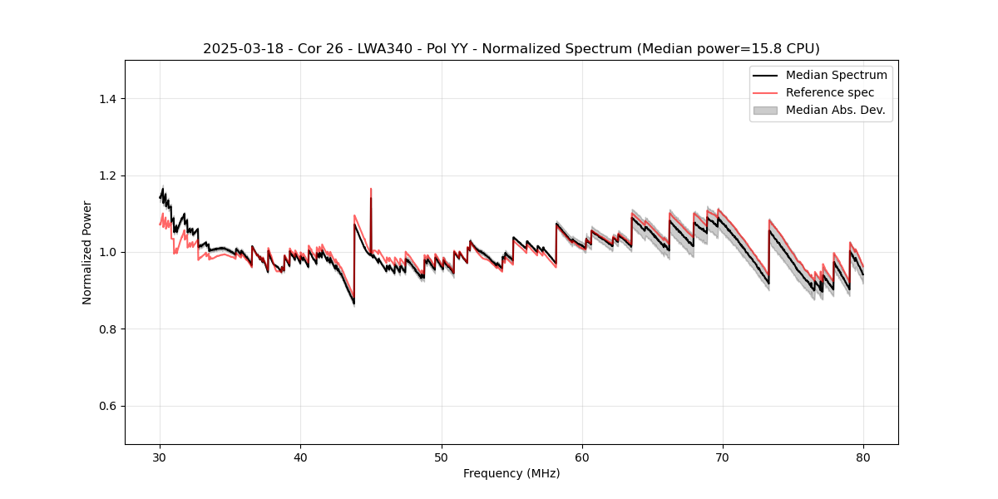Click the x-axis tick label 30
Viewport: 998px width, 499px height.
[160, 457]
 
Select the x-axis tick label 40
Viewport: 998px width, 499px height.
[300, 457]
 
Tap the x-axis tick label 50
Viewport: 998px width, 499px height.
[441, 457]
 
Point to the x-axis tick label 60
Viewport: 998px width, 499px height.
[582, 457]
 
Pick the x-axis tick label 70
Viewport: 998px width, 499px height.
[723, 457]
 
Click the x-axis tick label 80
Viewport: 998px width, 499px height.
[863, 457]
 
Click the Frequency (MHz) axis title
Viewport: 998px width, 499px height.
[511, 473]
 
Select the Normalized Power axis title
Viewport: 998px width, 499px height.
[87, 252]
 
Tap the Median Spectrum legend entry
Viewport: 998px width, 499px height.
[836, 75]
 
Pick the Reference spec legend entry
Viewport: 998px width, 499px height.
[829, 92]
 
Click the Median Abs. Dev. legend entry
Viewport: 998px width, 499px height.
[835, 110]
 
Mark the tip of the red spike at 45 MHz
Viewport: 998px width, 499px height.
[371, 189]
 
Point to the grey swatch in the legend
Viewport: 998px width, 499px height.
[764, 110]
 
